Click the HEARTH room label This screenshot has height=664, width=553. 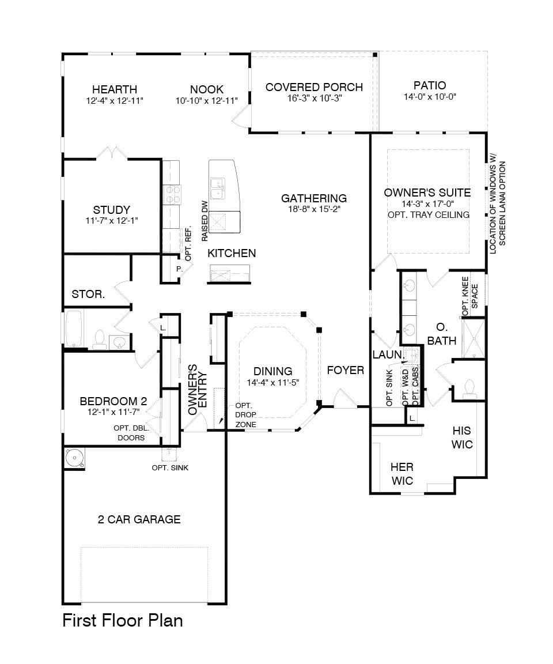pyautogui.click(x=115, y=89)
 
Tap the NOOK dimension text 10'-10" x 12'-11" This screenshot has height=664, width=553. pyautogui.click(x=207, y=100)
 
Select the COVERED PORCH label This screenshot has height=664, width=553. pyautogui.click(x=314, y=87)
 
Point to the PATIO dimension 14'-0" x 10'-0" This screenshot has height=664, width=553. pyautogui.click(x=430, y=97)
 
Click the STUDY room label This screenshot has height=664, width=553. pyautogui.click(x=111, y=210)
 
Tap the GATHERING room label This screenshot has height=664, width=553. pyautogui.click(x=313, y=198)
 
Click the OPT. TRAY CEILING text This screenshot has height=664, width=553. pyautogui.click(x=429, y=214)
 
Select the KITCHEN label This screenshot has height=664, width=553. pyautogui.click(x=232, y=253)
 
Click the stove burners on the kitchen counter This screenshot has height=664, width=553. pyautogui.click(x=171, y=195)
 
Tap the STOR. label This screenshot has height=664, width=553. pyautogui.click(x=88, y=295)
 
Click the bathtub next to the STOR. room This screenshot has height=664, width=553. pyautogui.click(x=74, y=329)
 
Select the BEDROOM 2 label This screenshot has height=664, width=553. pyautogui.click(x=113, y=401)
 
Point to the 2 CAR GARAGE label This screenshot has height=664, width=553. pyautogui.click(x=139, y=519)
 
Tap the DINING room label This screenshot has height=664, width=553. pyautogui.click(x=273, y=371)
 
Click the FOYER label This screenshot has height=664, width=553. pyautogui.click(x=346, y=370)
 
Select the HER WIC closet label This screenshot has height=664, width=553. pyautogui.click(x=402, y=474)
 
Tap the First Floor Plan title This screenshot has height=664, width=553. pyautogui.click(x=123, y=620)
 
